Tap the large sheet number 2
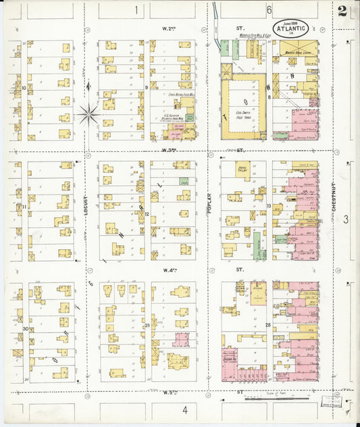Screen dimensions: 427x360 (343, 11)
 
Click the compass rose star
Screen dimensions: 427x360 (88, 114)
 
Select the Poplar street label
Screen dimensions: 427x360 (209, 203)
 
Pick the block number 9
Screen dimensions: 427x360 (146, 87)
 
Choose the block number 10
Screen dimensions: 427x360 (24, 87)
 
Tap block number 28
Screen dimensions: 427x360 (268, 326)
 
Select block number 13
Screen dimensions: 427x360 (268, 205)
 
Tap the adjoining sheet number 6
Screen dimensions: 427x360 (268, 10)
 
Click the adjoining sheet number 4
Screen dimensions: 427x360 (184, 409)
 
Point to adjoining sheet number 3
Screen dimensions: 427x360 (345, 219)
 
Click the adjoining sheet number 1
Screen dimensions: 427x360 (136, 10)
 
